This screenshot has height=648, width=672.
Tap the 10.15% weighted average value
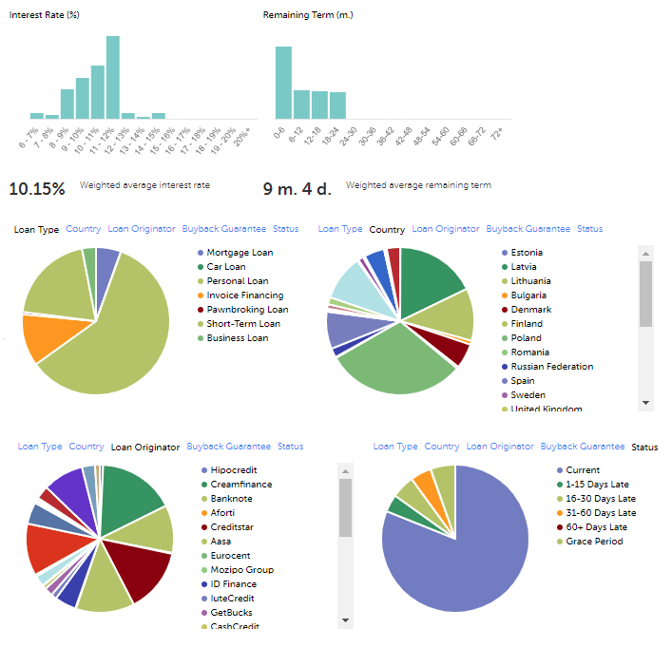coord(37,188)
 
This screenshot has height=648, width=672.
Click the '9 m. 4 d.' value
coord(297,188)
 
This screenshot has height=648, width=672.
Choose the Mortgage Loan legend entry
coord(240,253)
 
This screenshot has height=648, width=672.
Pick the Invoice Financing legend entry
coord(244,295)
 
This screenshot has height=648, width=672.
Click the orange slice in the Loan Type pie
coord(42,335)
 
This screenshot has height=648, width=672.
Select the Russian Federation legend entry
coord(551,367)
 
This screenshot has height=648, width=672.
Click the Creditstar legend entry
coord(231,527)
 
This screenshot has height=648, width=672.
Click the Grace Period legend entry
coord(594,542)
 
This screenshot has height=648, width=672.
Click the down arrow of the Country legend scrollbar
coord(646,403)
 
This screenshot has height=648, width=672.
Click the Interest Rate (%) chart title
coord(44,15)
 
